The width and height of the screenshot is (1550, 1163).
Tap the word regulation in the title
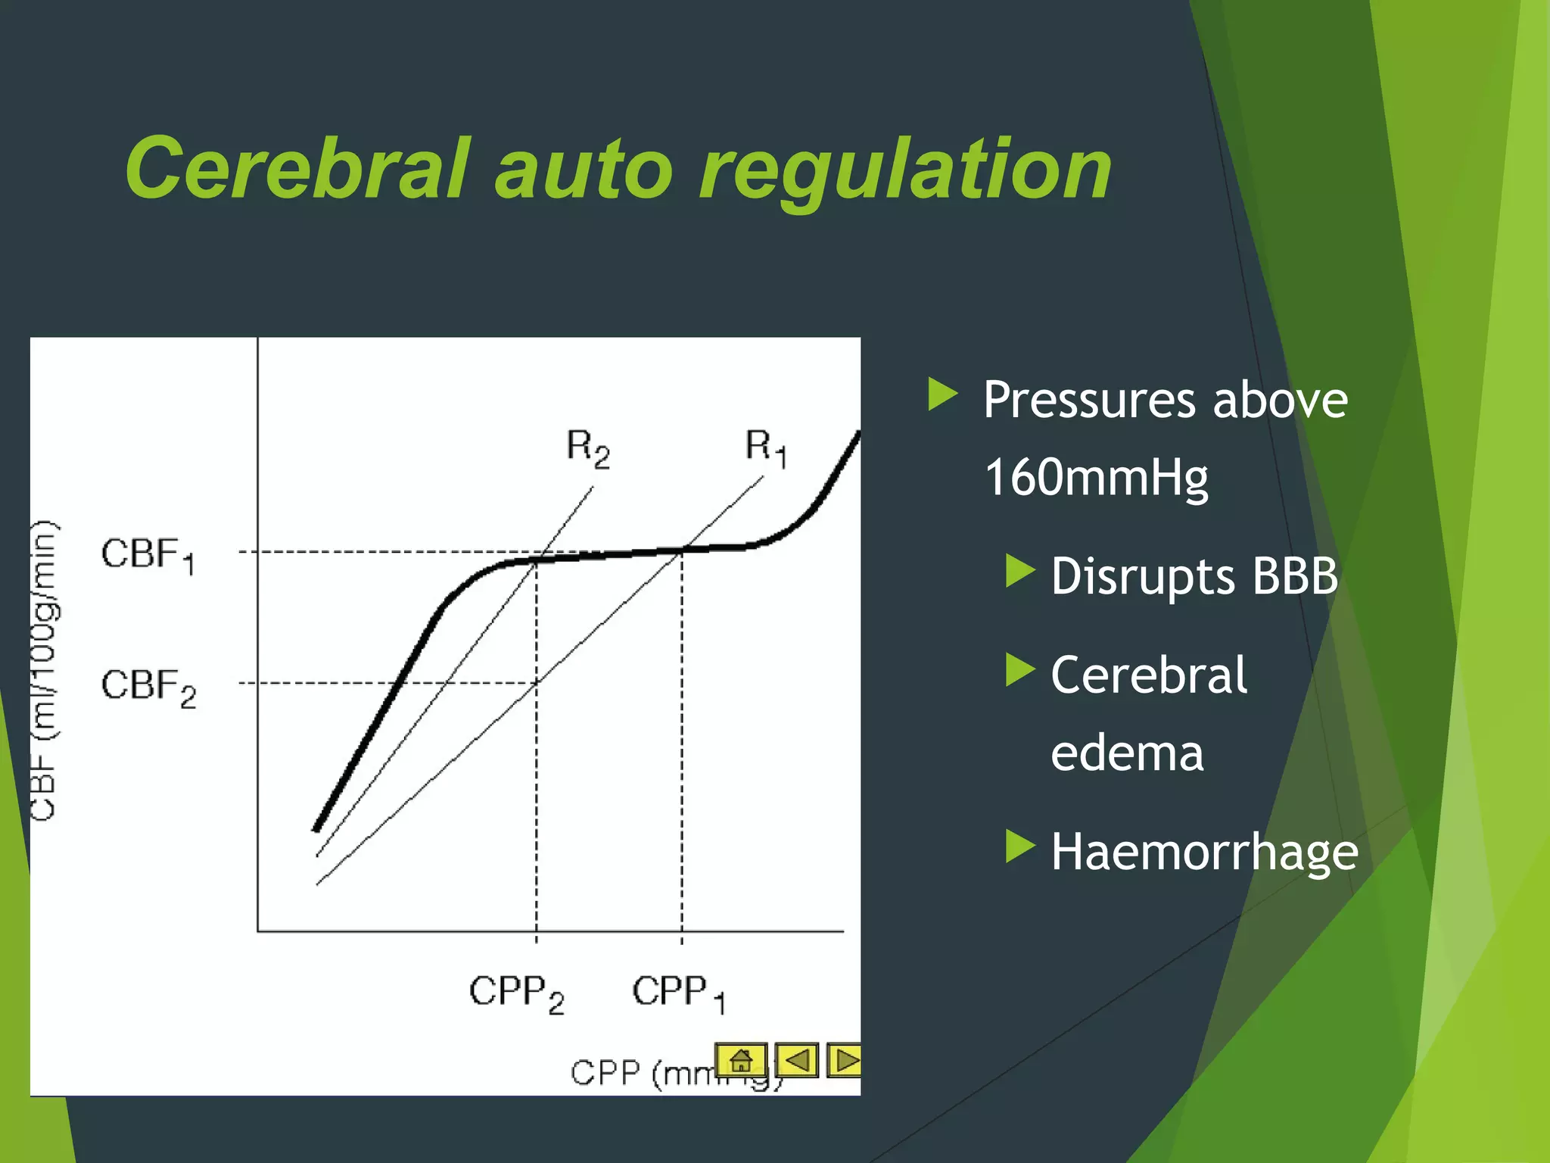(x=905, y=171)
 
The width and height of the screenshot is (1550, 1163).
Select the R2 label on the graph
(x=588, y=448)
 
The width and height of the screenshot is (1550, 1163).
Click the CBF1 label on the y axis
(x=148, y=555)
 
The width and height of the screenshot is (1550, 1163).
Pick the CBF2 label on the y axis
(x=148, y=687)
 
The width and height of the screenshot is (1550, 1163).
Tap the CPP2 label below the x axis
(x=517, y=993)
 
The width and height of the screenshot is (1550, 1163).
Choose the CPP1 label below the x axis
(x=679, y=993)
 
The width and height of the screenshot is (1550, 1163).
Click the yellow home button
(x=741, y=1059)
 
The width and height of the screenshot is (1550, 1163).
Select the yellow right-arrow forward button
(x=845, y=1059)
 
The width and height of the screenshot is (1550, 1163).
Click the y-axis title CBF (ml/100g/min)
(x=44, y=670)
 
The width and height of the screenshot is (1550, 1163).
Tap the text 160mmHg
(x=1096, y=478)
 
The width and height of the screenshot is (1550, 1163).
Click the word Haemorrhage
(x=1204, y=852)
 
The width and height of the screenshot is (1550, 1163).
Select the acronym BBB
(x=1295, y=576)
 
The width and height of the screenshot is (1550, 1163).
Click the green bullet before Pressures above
(x=943, y=395)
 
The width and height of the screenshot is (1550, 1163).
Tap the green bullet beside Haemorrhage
(x=1019, y=847)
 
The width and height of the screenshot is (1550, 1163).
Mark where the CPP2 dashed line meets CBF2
(x=537, y=683)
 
